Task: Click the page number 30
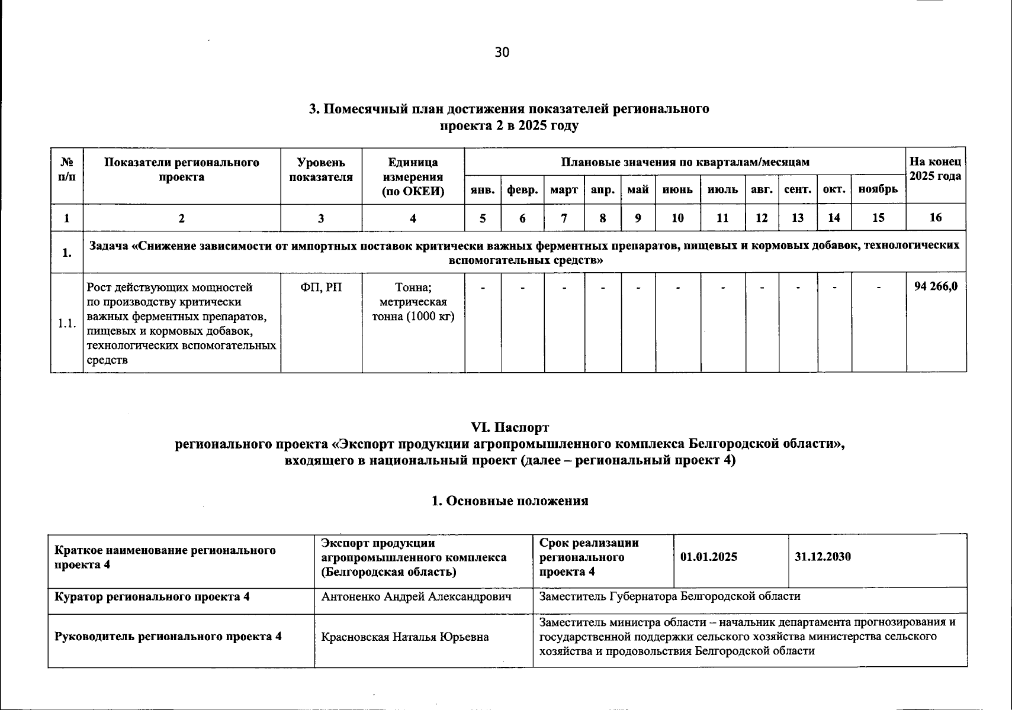click(x=502, y=52)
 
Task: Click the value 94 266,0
click(x=936, y=287)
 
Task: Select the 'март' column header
click(x=564, y=190)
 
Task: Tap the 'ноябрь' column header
click(x=878, y=190)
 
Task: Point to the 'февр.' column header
click(x=522, y=190)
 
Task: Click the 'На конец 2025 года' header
click(x=936, y=169)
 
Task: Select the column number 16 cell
click(x=936, y=218)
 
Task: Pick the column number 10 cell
click(x=677, y=218)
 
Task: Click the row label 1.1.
click(x=66, y=323)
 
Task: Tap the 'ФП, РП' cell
click(x=321, y=288)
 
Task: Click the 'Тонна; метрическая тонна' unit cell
click(x=413, y=302)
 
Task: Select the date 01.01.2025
click(x=709, y=557)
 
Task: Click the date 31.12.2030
click(x=823, y=557)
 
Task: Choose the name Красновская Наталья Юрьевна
click(x=405, y=637)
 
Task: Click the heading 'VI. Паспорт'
click(x=509, y=427)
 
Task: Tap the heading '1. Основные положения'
click(x=509, y=501)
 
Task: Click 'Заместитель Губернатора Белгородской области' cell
click(x=669, y=596)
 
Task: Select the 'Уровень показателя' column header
click(x=321, y=169)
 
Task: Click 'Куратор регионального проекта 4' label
click(x=152, y=596)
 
